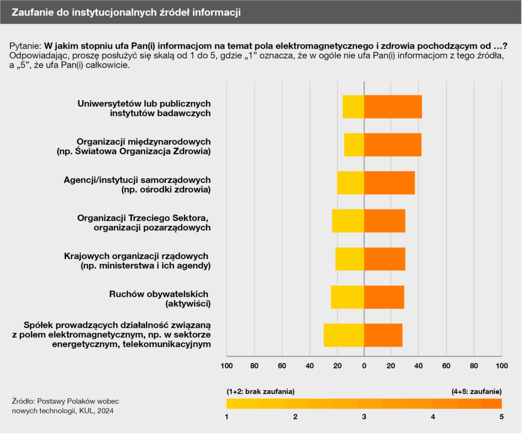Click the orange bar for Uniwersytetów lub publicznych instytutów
(x=393, y=107)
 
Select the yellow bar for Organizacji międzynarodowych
(x=354, y=145)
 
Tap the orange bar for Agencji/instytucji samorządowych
(x=389, y=183)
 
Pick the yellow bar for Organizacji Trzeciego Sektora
(x=348, y=221)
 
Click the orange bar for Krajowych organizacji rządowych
(x=384, y=259)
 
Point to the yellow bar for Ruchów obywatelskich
(x=347, y=297)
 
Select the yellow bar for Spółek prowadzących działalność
(x=344, y=335)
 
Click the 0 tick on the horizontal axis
(x=364, y=366)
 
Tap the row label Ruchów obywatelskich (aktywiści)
(x=160, y=299)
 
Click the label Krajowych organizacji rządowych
(x=136, y=256)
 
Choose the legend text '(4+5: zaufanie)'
(x=477, y=391)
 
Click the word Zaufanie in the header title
(x=31, y=12)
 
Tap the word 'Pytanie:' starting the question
(x=25, y=45)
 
